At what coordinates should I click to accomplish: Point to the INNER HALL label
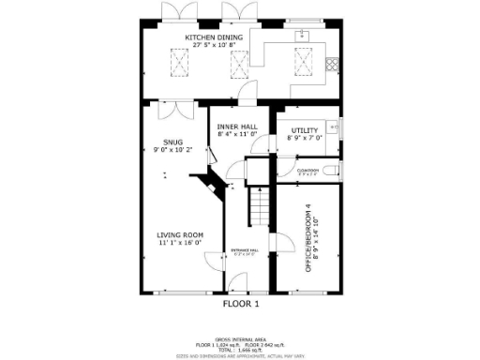point(237,127)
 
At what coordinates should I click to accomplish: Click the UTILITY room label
point(305,130)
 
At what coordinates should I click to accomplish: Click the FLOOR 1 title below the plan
point(240,304)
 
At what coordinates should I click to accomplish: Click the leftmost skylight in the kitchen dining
point(175,62)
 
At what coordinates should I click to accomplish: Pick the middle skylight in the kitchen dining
point(239,63)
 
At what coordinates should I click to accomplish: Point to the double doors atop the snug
point(171,111)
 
